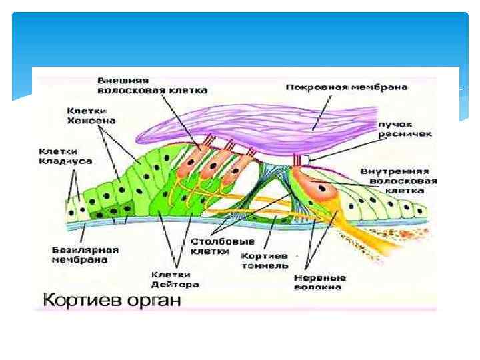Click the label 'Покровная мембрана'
tap(346, 87)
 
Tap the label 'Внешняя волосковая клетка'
tap(152, 85)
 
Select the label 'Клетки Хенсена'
tap(91, 115)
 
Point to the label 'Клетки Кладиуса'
tap(65, 156)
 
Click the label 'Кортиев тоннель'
tap(265, 261)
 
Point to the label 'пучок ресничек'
tap(405, 129)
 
